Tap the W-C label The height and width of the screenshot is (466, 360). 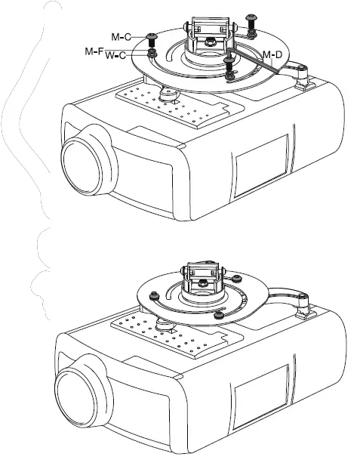115,55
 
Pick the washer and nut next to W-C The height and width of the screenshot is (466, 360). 152,55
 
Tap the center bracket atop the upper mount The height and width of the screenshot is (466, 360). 205,33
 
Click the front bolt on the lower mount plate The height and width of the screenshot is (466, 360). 219,313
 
